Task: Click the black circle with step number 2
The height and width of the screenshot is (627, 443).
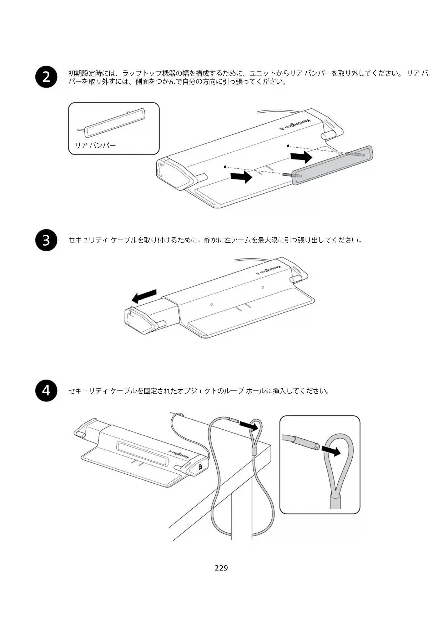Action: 46,76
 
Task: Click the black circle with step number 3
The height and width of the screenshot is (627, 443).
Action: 46,240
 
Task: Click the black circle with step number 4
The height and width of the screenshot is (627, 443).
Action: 46,391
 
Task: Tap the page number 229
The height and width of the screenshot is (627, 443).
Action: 221,568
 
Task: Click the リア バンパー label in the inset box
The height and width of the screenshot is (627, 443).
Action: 95,145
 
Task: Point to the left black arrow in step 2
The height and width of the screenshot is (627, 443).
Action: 241,176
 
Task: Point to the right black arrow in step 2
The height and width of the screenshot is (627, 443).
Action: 301,157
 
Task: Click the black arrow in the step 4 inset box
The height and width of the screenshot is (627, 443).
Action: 331,451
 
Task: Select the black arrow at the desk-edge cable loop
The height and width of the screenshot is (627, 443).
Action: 249,425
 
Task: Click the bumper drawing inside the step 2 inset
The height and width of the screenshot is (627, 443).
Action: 114,123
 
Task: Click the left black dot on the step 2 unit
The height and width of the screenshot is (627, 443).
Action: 225,167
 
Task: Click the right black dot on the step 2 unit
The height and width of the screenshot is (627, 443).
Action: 288,146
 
